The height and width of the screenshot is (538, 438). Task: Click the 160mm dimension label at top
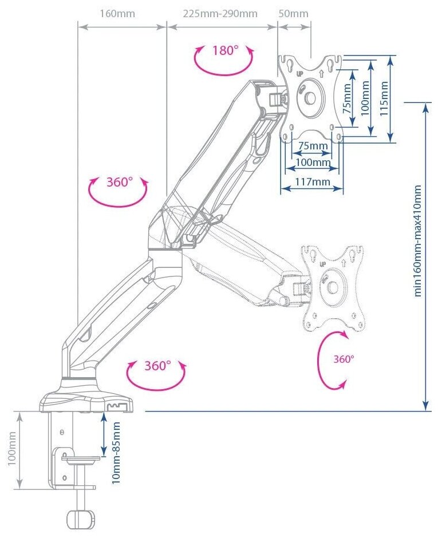pyautogui.click(x=117, y=13)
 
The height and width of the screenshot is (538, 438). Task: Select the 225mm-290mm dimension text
pyautogui.click(x=220, y=13)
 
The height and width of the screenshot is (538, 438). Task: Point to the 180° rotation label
pyautogui.click(x=225, y=50)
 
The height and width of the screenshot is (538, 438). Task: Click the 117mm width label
pyautogui.click(x=312, y=183)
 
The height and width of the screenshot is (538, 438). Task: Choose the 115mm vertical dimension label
pyautogui.click(x=384, y=96)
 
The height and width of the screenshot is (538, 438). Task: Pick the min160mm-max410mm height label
pyautogui.click(x=418, y=240)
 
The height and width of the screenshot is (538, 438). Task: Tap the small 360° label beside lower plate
pyautogui.click(x=344, y=359)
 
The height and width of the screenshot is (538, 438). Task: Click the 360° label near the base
pyautogui.click(x=157, y=366)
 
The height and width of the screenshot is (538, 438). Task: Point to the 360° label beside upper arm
pyautogui.click(x=119, y=183)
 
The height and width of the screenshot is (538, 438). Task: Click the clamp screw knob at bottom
pyautogui.click(x=80, y=519)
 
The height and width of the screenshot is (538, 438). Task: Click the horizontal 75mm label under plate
pyautogui.click(x=313, y=145)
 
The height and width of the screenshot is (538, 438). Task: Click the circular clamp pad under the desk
pyautogui.click(x=80, y=458)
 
